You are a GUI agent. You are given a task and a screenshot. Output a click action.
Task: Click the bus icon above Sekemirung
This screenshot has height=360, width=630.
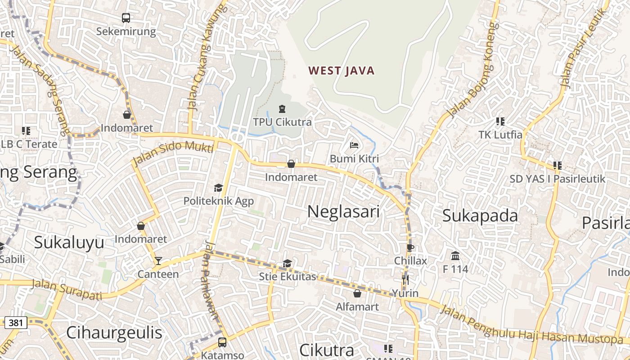pos(126,18)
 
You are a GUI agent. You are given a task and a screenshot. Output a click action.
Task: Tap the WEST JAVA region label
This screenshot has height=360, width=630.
pos(342,71)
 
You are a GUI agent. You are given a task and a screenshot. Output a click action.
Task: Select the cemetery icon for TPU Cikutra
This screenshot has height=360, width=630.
pos(282,109)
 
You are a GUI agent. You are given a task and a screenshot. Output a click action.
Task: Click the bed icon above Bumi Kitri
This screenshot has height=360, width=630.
pos(354,145)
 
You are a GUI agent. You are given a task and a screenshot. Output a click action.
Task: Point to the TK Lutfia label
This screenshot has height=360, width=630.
pos(500,135)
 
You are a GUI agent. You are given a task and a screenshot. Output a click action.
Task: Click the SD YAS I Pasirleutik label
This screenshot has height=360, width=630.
pos(557,179)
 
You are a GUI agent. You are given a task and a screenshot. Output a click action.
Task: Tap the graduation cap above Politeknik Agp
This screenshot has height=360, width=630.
pos(219,188)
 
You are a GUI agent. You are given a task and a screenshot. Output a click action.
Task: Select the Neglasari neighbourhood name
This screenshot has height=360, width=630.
pos(343,211)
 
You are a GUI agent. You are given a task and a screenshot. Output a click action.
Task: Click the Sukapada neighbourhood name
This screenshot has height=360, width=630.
pos(480,216)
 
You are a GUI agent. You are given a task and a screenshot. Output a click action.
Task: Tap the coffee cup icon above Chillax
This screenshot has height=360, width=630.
pos(410,247)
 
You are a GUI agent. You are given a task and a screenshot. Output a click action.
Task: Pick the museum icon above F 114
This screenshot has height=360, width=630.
pos(455,256)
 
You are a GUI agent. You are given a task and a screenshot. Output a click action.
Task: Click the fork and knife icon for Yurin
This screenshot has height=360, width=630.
pos(405,280)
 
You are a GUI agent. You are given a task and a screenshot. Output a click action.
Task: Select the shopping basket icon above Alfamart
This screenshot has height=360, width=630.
pos(357,293)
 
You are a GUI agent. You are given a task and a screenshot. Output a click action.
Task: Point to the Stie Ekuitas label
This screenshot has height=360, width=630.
pos(288,276)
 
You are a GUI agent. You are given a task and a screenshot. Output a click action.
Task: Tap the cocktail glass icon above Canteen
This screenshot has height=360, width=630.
pos(158,261)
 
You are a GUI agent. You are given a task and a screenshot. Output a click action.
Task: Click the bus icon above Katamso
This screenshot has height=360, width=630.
pos(222,342)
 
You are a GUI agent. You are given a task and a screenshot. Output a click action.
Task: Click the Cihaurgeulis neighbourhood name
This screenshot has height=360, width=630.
pos(114,333)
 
